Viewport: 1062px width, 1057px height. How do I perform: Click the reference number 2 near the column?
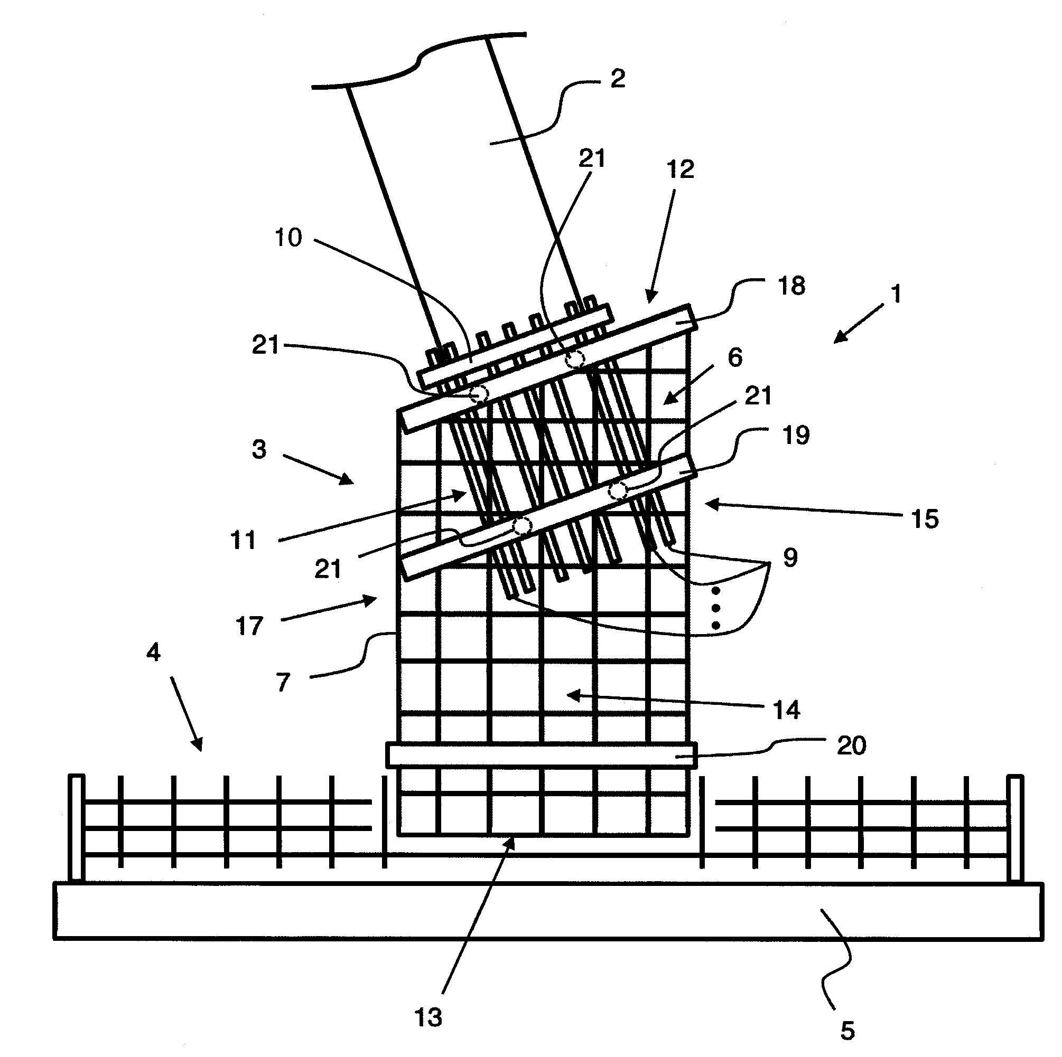[618, 79]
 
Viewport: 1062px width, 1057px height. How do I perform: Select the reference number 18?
[791, 286]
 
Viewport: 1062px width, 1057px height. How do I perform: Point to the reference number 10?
[288, 238]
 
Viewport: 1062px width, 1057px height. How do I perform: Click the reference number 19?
[796, 435]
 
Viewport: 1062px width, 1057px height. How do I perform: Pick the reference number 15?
[925, 519]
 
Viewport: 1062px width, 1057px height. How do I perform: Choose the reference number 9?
[790, 558]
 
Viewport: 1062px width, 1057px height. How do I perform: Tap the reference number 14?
[787, 710]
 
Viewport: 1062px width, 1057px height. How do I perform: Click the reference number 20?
[851, 745]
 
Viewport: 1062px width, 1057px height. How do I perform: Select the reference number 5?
[847, 1031]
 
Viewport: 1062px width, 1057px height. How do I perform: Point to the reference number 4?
[153, 652]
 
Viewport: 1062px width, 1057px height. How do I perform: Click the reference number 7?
[283, 683]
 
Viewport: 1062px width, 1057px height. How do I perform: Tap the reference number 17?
[249, 626]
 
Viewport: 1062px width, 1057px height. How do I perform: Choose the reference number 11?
[243, 541]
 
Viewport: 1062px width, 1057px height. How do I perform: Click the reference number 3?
[259, 449]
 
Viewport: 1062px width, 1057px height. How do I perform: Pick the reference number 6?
[735, 357]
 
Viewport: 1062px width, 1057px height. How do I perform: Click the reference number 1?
[897, 294]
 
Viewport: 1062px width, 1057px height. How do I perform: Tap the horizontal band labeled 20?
[542, 755]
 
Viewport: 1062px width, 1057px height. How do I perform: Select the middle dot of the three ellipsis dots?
[716, 608]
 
